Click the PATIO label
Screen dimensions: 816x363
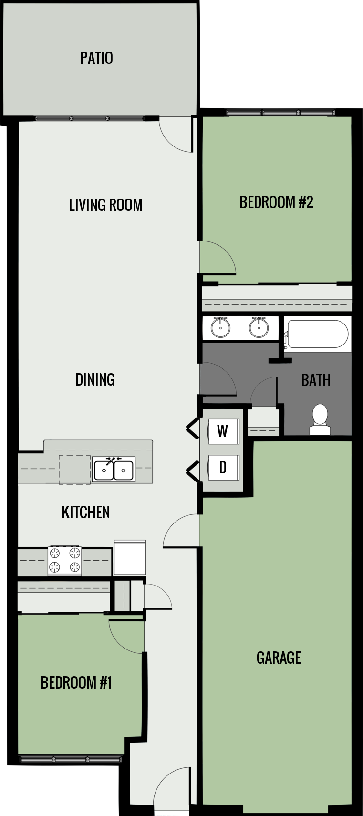tap(96, 58)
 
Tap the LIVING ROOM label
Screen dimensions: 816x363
tap(105, 205)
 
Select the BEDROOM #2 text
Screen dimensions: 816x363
tap(276, 202)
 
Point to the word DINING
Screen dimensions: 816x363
tap(95, 379)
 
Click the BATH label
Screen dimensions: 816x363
tap(316, 380)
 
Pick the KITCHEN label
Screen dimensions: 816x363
tap(86, 512)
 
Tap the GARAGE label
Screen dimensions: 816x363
tap(279, 658)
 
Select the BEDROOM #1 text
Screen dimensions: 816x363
tap(76, 682)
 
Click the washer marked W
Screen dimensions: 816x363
tap(223, 431)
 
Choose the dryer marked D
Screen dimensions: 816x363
tap(223, 468)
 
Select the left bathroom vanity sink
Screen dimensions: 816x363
tap(220, 327)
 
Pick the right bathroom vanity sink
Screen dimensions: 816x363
tap(259, 327)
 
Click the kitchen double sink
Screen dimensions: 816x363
tap(114, 470)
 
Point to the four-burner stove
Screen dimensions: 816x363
tap(64, 561)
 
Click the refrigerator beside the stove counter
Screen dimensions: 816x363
tap(130, 557)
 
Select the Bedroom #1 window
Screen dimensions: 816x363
tap(71, 760)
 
